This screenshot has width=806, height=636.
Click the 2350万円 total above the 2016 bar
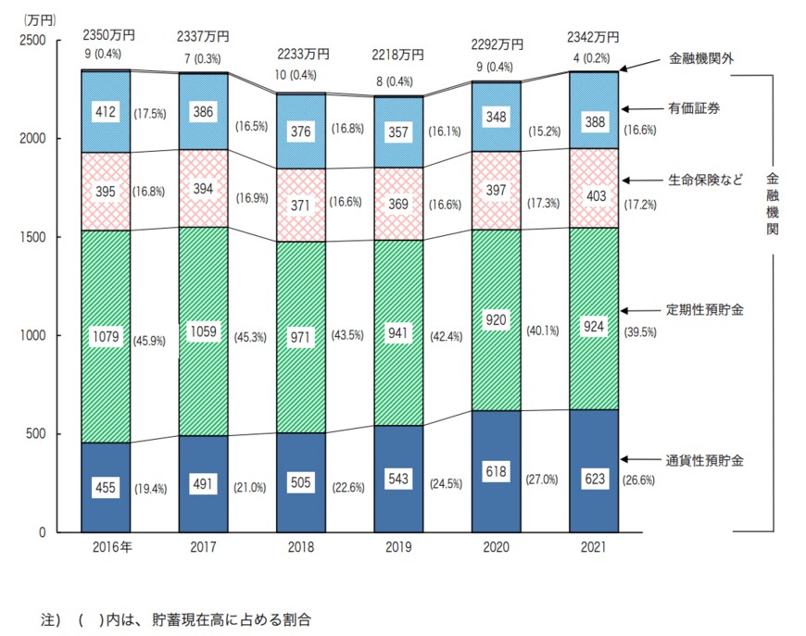click(x=109, y=34)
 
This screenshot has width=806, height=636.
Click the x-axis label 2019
click(x=398, y=547)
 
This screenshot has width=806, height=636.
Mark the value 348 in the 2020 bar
click(x=496, y=117)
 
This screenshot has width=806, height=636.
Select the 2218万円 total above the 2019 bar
click(x=398, y=56)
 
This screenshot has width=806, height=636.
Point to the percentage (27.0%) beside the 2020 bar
click(x=542, y=480)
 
